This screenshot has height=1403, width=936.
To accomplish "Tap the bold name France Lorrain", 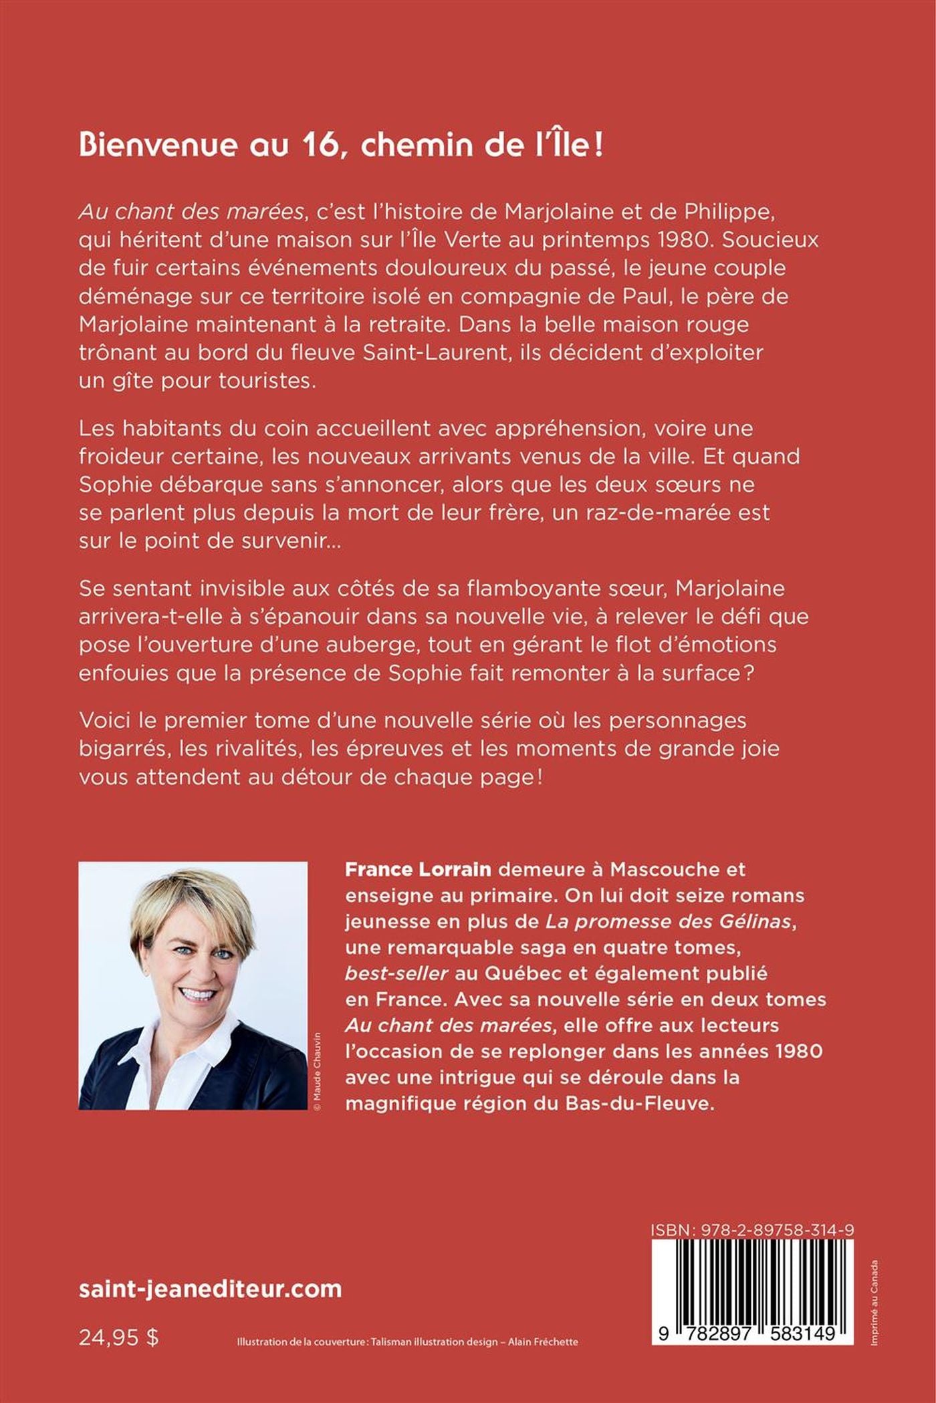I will coord(418,869).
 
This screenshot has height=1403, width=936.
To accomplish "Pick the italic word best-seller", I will coord(396,973).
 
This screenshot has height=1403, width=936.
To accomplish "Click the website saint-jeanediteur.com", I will coord(210,1289).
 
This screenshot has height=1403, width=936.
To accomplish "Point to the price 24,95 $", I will coord(118,1337).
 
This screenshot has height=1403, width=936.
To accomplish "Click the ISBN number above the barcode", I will coord(751,1230).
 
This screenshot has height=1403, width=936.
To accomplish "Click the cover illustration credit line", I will coord(407,1342).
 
